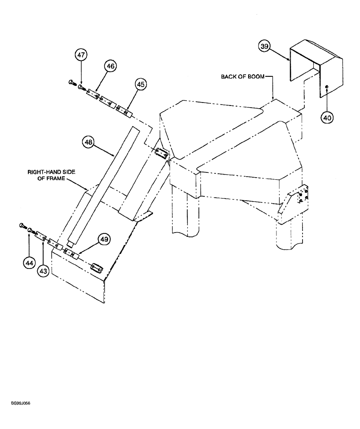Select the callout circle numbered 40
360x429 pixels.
(327, 116)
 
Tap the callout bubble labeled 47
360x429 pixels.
(81, 55)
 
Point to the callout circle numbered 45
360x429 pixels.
(141, 85)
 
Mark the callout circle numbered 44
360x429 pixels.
(29, 264)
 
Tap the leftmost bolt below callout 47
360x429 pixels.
(72, 82)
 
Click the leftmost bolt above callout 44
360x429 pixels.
(22, 225)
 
